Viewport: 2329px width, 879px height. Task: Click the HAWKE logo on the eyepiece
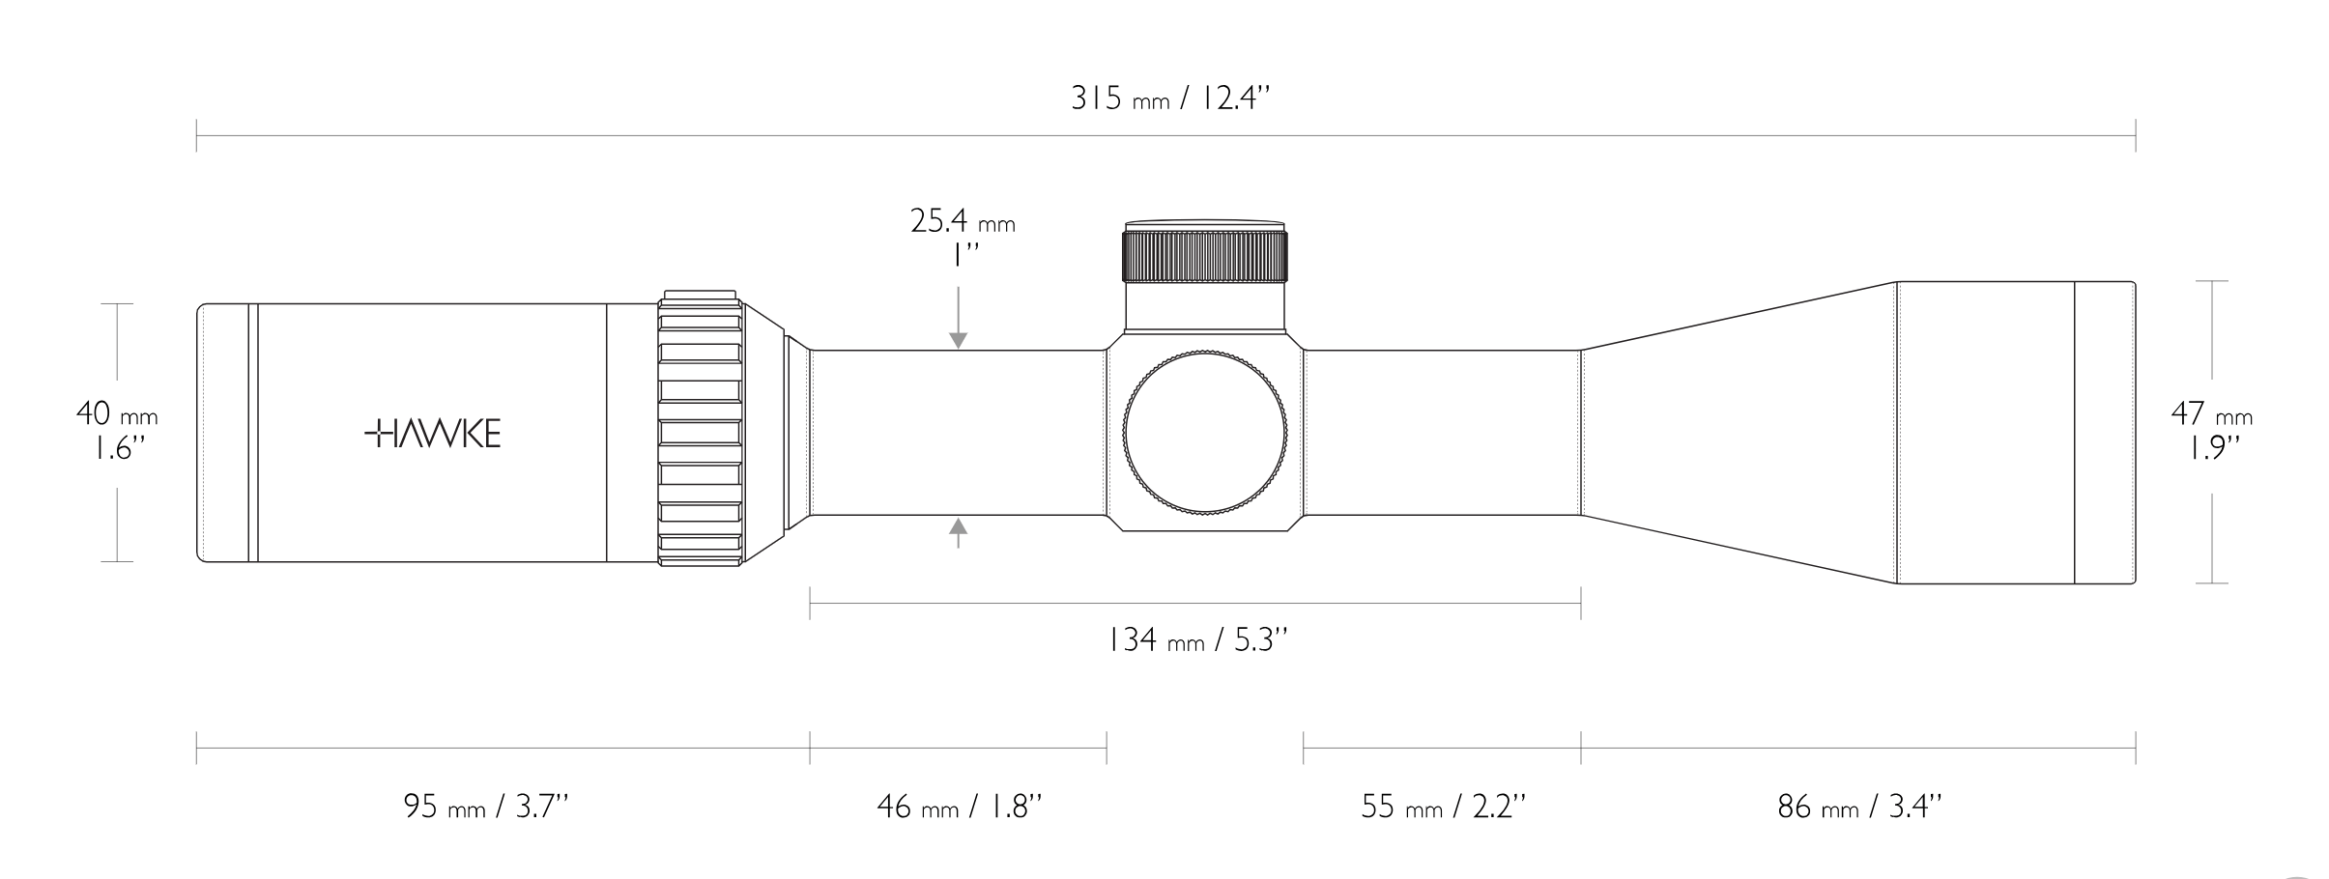pyautogui.click(x=432, y=435)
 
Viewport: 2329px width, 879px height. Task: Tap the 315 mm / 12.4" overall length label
pyautogui.click(x=1169, y=99)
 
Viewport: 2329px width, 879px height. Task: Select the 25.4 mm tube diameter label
pyautogui.click(x=963, y=221)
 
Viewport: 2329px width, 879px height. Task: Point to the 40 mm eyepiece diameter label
pyautogui.click(x=117, y=414)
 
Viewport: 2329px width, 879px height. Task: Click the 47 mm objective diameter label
pyautogui.click(x=2212, y=414)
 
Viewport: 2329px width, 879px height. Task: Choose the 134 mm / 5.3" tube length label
pyautogui.click(x=1197, y=639)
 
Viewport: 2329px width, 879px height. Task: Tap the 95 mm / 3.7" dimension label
pyautogui.click(x=486, y=806)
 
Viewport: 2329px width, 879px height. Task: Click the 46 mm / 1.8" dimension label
pyautogui.click(x=960, y=806)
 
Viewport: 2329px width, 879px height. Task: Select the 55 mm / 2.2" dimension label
pyautogui.click(x=1443, y=806)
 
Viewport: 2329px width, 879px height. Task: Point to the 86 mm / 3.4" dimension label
pyautogui.click(x=1859, y=806)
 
